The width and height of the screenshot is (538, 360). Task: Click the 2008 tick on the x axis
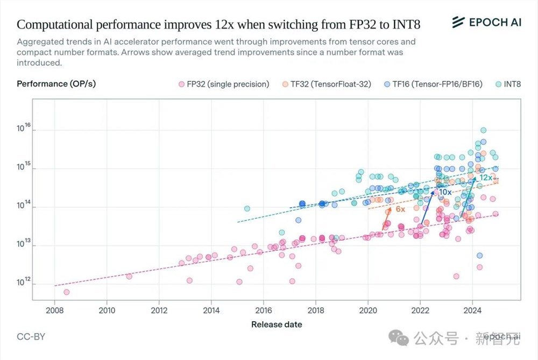[54, 310]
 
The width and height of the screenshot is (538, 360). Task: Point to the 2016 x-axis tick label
[263, 310]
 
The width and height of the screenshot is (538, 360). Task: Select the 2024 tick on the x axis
[472, 310]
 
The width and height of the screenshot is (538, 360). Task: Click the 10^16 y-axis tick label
[25, 129]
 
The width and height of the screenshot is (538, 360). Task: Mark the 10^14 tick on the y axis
[25, 206]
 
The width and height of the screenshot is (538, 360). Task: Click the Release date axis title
[277, 324]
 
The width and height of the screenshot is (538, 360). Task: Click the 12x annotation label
[486, 178]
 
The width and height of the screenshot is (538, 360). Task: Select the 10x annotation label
[445, 192]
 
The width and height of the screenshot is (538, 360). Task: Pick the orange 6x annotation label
[400, 209]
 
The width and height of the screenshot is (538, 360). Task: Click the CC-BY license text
[31, 337]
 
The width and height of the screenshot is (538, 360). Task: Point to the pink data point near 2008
[66, 292]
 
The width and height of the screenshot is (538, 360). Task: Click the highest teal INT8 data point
[483, 130]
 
